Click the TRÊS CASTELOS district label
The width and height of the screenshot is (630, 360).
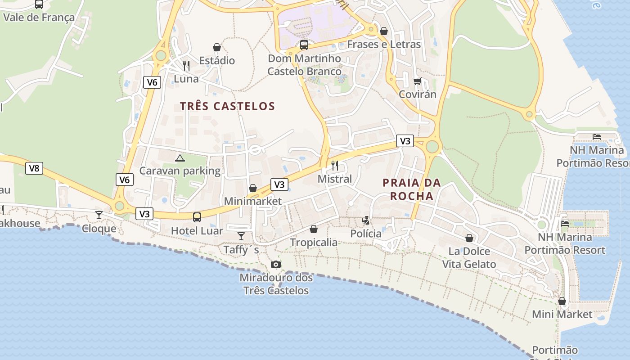pyautogui.click(x=227, y=106)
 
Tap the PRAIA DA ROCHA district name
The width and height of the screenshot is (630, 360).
pyautogui.click(x=412, y=189)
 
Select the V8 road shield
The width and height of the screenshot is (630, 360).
pyautogui.click(x=34, y=168)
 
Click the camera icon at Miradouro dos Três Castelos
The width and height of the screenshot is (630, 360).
pyautogui.click(x=276, y=264)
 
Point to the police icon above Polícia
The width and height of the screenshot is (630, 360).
pyautogui.click(x=366, y=220)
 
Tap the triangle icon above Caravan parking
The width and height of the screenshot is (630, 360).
pyautogui.click(x=180, y=158)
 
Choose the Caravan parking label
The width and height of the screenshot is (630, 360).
pyautogui.click(x=180, y=171)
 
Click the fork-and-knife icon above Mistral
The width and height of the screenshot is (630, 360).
pyautogui.click(x=334, y=165)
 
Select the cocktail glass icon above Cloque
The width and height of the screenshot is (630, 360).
pyautogui.click(x=99, y=215)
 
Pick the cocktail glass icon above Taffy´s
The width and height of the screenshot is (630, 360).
pyautogui.click(x=241, y=236)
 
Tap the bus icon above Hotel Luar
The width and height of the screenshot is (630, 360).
pyautogui.click(x=197, y=217)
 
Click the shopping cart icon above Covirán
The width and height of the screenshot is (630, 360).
pyautogui.click(x=417, y=81)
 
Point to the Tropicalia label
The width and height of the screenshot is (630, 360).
pyautogui.click(x=314, y=243)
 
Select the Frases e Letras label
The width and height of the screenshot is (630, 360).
pyautogui.click(x=384, y=45)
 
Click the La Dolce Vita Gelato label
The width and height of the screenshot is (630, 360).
pyautogui.click(x=469, y=258)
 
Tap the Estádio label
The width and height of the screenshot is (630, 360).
pyautogui.click(x=217, y=60)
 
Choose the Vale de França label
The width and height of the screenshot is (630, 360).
pyautogui.click(x=39, y=18)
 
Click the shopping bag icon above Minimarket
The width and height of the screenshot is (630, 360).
pyautogui.click(x=253, y=188)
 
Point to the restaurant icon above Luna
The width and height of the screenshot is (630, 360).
pyautogui.click(x=186, y=66)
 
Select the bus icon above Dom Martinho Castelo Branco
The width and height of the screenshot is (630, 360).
pyautogui.click(x=304, y=45)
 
